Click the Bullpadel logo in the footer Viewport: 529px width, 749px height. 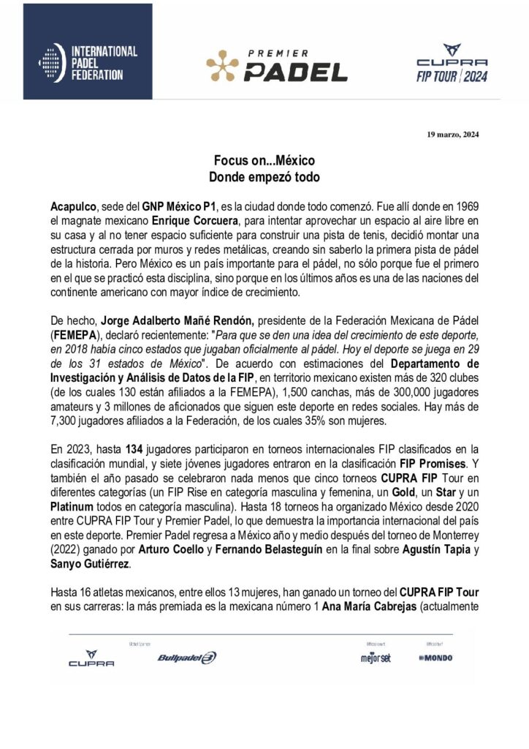click(186, 657)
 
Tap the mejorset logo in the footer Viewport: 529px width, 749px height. click(376, 658)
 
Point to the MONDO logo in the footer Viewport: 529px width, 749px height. click(435, 658)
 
